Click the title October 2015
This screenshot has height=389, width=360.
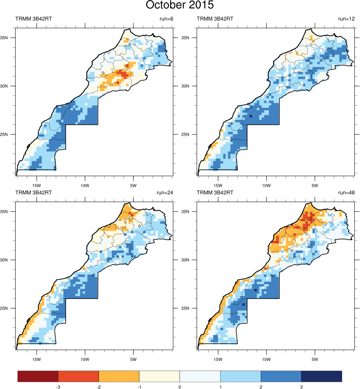[x=180, y=6]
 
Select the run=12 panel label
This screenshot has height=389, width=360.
[x=347, y=19]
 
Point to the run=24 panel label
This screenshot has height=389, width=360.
[x=165, y=192]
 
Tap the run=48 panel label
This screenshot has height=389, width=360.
[x=347, y=192]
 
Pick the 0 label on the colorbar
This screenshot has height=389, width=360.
[x=180, y=387]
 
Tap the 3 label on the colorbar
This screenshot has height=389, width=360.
[x=301, y=387]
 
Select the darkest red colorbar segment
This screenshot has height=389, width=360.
[x=38, y=376]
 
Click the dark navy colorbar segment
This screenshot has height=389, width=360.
[x=322, y=376]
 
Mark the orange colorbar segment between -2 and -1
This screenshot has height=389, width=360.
[x=119, y=376]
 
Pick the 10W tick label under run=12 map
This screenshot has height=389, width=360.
[x=266, y=185]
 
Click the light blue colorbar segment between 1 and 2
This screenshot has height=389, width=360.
[x=241, y=376]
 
